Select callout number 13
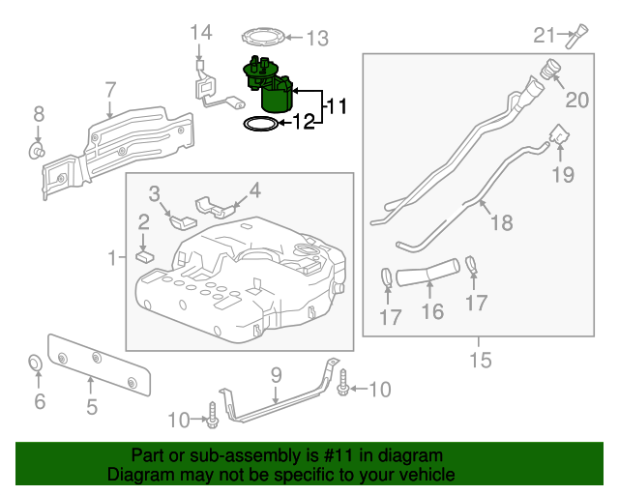pos(317,39)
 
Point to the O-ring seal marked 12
pos(257,124)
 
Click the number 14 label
pos(199,33)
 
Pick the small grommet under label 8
pos(39,151)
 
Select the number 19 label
pos(562,175)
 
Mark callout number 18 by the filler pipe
pos(500,223)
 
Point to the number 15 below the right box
pos(481,361)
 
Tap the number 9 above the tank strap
pos(275,373)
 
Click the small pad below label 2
pos(143,256)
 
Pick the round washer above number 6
pos(34,364)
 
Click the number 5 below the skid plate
pos(91,407)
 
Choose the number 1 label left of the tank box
pos(112,257)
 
